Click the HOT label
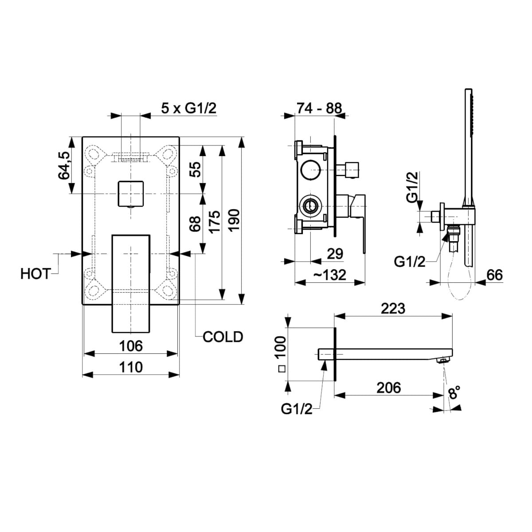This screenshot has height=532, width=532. [35, 274]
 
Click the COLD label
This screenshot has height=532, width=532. [223, 337]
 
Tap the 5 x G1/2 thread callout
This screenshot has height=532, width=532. [189, 109]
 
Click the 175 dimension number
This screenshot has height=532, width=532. [215, 222]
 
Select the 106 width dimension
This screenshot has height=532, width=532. [131, 346]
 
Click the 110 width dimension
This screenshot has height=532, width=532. [131, 368]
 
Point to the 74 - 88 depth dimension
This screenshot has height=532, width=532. [319, 108]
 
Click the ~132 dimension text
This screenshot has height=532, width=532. [330, 275]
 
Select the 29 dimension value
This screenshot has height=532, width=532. [335, 254]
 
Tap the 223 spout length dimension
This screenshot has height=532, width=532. [393, 309]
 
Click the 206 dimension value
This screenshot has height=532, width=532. [389, 388]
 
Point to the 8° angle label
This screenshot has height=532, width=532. [454, 393]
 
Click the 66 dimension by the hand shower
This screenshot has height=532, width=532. [494, 275]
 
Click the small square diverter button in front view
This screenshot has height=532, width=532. [131, 194]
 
